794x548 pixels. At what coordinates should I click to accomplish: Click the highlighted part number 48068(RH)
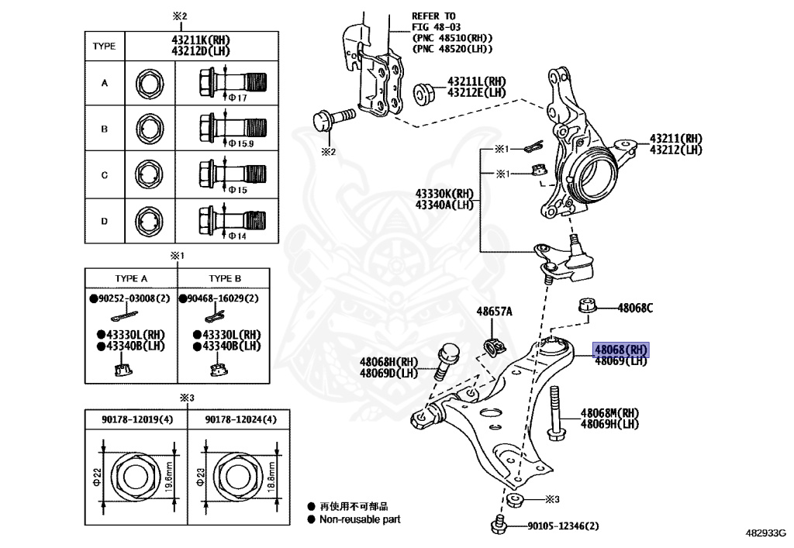point(620,350)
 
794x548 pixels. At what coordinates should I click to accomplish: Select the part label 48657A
point(494,312)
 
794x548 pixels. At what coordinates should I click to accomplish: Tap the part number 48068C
point(635,308)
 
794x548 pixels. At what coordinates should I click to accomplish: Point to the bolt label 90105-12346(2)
point(563,526)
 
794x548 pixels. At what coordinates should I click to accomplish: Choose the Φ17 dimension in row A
point(237,98)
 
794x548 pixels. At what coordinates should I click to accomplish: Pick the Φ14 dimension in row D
point(237,236)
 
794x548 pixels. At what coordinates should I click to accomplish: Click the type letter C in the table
point(105,175)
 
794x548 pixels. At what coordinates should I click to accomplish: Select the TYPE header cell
point(104,46)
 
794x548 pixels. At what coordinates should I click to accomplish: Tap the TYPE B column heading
point(225,278)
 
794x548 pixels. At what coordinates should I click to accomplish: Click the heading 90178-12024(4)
point(241,419)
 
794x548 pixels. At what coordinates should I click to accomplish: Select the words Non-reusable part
point(360,519)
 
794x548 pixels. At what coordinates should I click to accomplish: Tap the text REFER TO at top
point(433,16)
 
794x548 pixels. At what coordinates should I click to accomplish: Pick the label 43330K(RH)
point(444,194)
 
